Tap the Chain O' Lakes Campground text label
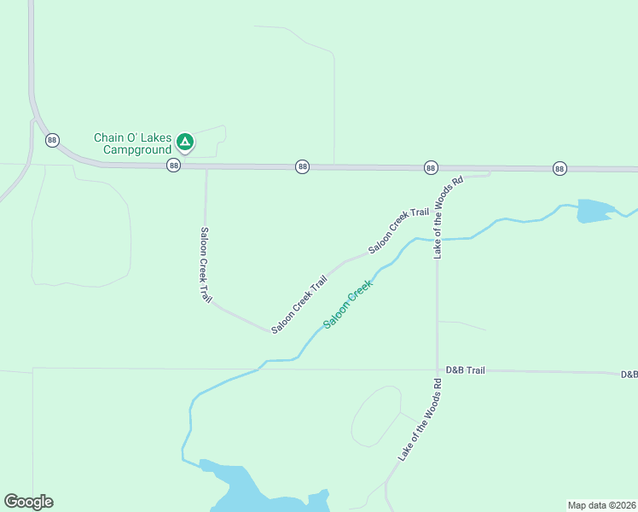tap(133, 143)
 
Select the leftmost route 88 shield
tap(53, 140)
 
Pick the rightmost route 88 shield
tap(560, 168)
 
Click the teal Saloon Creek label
tap(348, 305)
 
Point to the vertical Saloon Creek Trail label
tap(206, 265)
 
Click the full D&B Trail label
tap(465, 370)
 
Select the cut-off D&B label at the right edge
tap(629, 375)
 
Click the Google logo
tap(28, 502)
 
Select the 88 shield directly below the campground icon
tap(174, 166)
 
